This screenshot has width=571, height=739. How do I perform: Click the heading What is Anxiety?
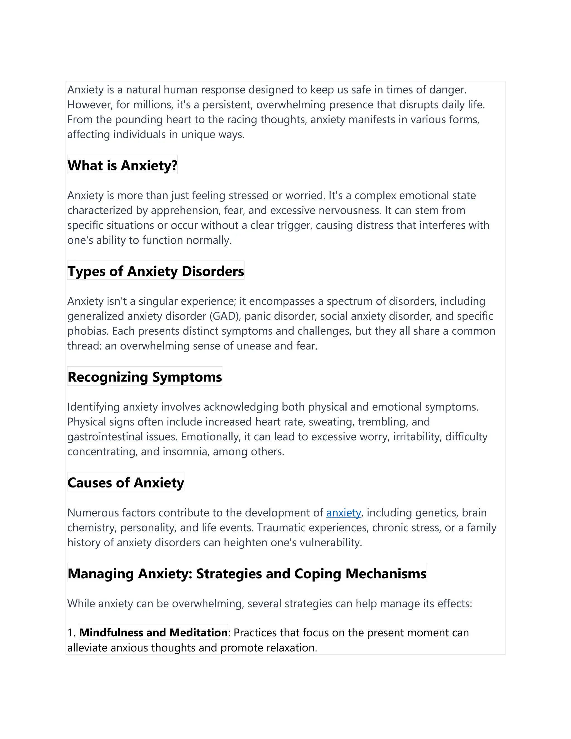tap(122, 165)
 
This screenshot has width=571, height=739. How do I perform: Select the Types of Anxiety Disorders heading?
tap(156, 271)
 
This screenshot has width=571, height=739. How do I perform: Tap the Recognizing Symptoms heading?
tap(144, 377)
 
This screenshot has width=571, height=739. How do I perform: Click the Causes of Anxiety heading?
tap(125, 482)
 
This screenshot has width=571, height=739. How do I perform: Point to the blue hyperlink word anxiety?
tap(343, 513)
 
